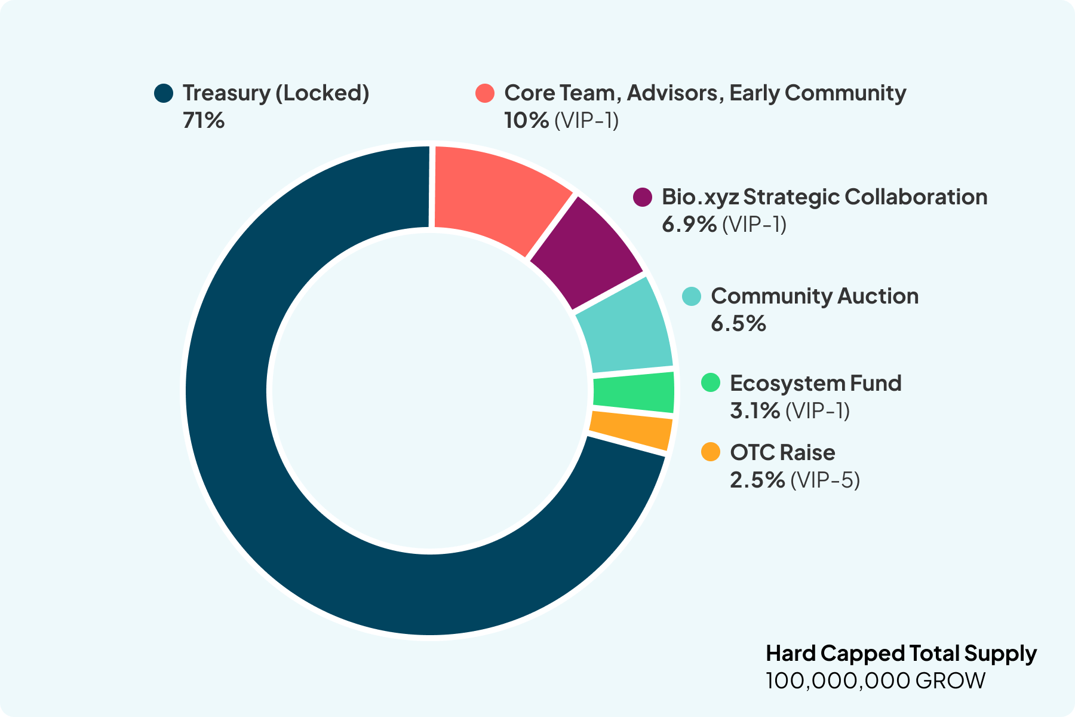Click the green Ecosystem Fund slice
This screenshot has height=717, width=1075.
[x=633, y=392]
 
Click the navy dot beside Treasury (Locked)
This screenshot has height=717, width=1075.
[x=163, y=93]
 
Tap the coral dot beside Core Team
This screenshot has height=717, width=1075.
[x=485, y=93]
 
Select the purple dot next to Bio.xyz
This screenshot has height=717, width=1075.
[x=642, y=197]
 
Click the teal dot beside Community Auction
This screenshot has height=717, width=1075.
[x=692, y=296]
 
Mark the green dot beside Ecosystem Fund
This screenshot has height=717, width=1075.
[x=711, y=383]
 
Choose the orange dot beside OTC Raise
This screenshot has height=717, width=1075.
[x=711, y=452]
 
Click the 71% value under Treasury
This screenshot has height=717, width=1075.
[x=204, y=121]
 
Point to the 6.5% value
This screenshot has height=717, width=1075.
[x=738, y=324]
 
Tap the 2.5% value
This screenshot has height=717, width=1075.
[x=757, y=480]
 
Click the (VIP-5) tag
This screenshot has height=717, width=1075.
[x=825, y=480]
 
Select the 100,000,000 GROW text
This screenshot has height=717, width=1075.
[x=876, y=681]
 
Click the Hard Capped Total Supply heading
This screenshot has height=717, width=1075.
[x=901, y=653]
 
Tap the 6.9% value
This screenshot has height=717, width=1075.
[x=689, y=225]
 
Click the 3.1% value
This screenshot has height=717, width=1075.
[x=755, y=411]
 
